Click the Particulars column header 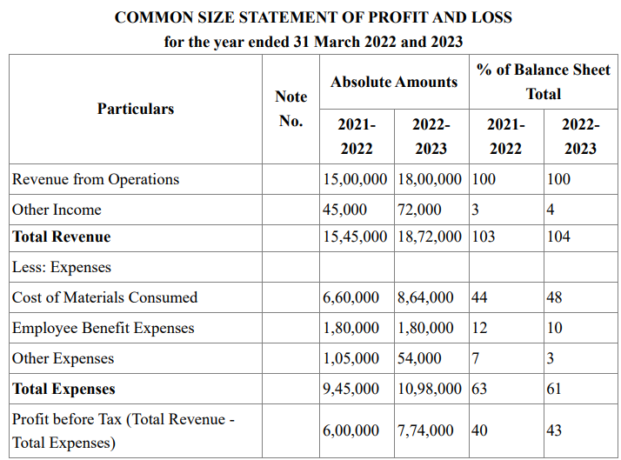coord(136,109)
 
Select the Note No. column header coord(291,109)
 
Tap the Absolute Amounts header coord(394,82)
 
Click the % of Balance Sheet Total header coord(544,82)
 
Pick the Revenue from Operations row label coord(96,179)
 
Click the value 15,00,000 coord(355,179)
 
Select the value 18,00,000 coord(430,179)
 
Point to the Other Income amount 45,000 coord(344,210)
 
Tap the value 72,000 coord(419,210)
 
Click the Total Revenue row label coord(62,237)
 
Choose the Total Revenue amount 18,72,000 coord(430,237)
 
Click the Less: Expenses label coord(62,267)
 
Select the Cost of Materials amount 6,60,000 coord(351,297)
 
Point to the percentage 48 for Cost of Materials coord(555,297)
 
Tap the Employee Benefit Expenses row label coord(103,328)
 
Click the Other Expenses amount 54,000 coord(419,358)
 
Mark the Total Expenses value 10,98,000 coord(430,390)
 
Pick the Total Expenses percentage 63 coord(479,389)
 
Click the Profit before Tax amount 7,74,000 coord(425,430)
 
